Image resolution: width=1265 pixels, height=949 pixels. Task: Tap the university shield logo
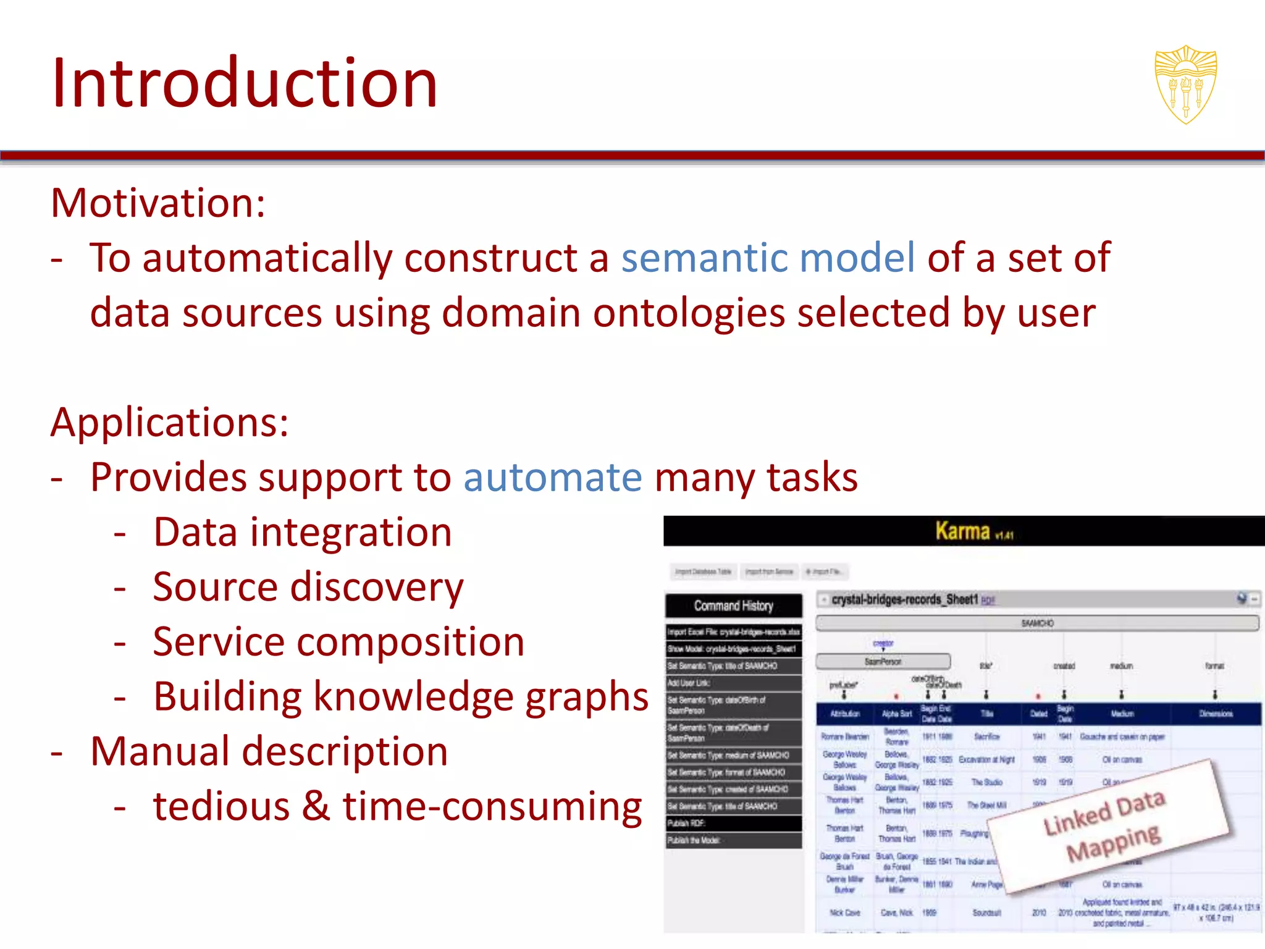1185,84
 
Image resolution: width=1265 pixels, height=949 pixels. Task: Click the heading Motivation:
158,203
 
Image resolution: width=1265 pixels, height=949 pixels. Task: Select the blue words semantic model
768,258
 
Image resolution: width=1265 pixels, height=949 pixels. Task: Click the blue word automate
552,478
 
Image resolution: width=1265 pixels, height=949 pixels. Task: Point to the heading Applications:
169,423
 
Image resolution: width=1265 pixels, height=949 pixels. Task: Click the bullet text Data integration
302,533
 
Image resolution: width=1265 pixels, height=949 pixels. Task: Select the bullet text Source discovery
308,587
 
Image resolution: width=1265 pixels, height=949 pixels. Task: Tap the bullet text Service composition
338,642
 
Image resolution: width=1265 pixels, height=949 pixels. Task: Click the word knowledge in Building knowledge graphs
413,697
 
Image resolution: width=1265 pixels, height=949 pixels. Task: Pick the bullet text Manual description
269,752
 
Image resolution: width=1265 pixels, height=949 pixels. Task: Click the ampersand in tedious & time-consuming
316,806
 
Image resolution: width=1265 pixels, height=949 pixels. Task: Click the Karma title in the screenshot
963,531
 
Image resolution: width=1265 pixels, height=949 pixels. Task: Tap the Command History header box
733,605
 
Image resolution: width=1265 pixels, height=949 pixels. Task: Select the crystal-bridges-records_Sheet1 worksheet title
904,599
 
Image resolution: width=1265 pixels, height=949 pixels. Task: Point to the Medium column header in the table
1122,714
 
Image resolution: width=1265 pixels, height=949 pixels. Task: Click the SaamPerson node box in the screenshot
883,661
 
